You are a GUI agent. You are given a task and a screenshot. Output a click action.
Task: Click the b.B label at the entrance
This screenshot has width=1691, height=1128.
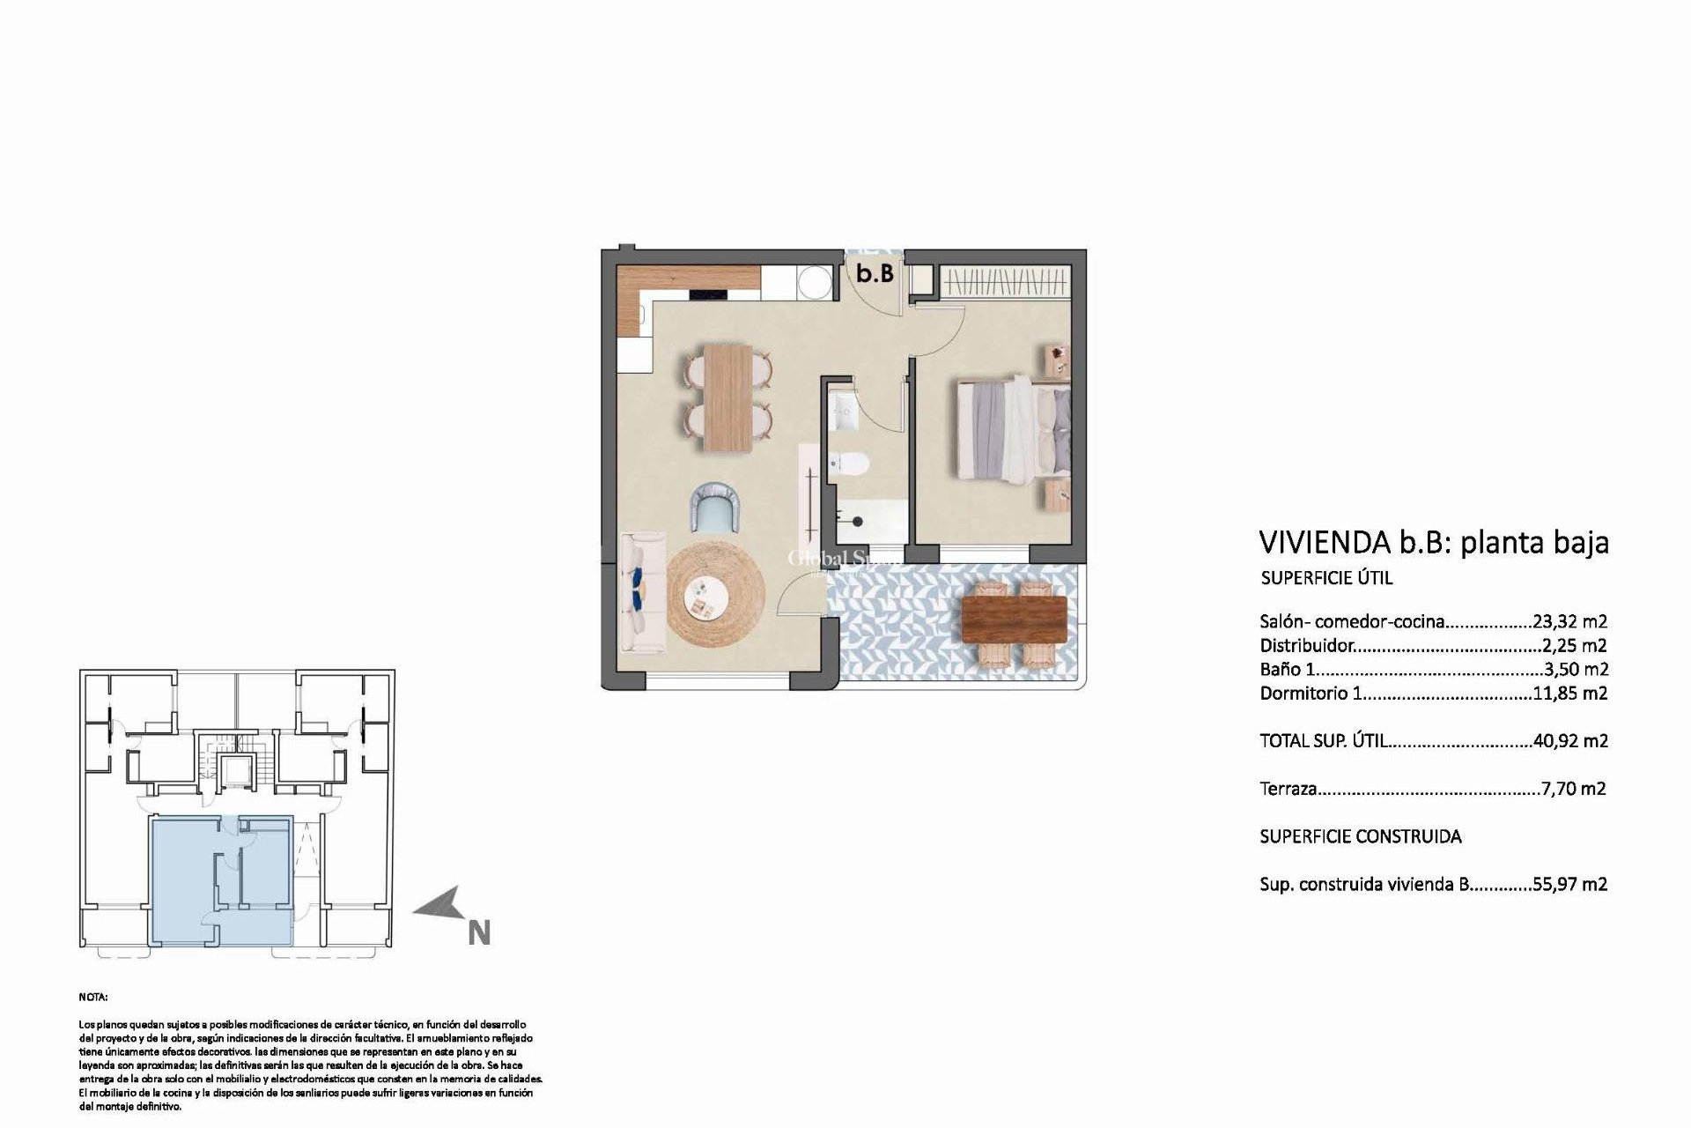(x=875, y=274)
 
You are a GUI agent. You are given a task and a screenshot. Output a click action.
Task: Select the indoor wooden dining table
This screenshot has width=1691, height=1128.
(x=727, y=398)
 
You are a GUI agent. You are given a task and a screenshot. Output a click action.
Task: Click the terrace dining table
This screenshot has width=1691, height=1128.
(x=1015, y=619)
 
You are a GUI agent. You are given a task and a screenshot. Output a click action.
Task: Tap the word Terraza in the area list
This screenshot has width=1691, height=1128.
(x=1288, y=789)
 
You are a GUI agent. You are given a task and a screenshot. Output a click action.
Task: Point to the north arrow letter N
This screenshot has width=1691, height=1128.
(x=478, y=933)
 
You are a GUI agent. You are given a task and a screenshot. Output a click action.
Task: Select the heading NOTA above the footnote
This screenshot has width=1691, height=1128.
(x=92, y=998)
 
